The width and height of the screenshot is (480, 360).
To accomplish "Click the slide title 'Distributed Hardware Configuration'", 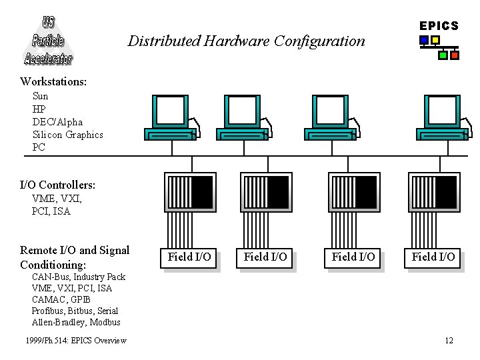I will click(247, 41).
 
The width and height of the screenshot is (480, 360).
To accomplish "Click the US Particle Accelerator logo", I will click(48, 39).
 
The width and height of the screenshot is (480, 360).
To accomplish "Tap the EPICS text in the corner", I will click(439, 26).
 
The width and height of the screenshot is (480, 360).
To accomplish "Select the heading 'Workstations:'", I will click(53, 81).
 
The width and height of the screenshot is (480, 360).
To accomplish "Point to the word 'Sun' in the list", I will click(40, 96).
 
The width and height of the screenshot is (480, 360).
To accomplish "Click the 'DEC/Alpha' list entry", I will click(57, 122).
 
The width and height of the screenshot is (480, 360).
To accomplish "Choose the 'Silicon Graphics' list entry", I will click(67, 135).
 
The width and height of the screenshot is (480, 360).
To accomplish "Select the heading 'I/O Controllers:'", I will click(57, 185).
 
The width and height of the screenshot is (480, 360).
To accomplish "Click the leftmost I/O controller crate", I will click(189, 192).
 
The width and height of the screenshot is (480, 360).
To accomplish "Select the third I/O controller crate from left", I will click(354, 192).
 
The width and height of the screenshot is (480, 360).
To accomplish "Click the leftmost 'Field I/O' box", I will click(189, 257).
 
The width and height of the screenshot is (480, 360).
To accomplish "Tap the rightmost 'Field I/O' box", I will click(433, 257).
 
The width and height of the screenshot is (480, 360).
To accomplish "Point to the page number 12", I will click(449, 341).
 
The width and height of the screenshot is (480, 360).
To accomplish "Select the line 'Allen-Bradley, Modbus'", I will click(76, 322).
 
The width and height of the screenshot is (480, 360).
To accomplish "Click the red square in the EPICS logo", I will click(455, 55).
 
